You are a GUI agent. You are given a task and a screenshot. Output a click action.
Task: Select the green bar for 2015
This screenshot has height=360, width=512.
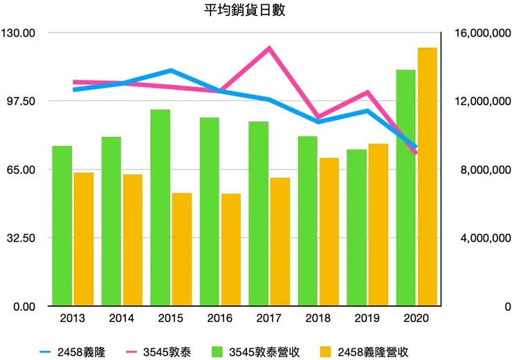coord(161,208)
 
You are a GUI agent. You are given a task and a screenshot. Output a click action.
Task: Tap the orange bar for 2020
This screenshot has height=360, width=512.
coord(428,177)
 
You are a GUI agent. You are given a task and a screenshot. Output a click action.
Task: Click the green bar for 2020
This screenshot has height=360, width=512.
coord(405,188)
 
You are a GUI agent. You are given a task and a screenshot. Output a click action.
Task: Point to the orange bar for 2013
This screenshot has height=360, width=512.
coord(84,239)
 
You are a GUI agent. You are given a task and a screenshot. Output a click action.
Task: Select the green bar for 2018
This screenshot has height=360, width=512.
coord(308,221)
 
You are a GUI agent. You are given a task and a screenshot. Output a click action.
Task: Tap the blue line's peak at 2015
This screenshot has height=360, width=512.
coord(171,71)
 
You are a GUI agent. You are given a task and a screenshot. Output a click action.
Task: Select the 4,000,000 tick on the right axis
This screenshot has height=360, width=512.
coord(486,238)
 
